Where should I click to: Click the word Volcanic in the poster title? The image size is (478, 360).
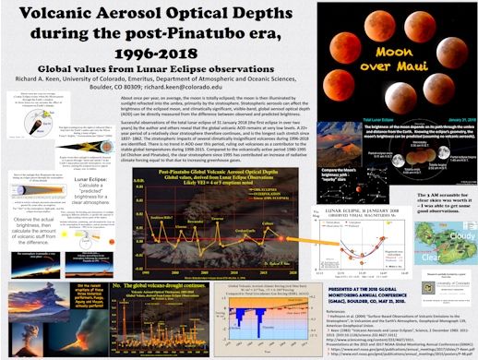pyautogui.click(x=71, y=16)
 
